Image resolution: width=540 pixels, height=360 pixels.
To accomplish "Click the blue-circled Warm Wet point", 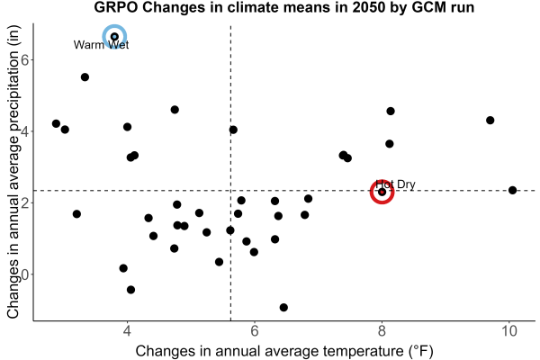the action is point(114,37).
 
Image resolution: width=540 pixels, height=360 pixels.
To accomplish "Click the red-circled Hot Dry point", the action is point(382,192).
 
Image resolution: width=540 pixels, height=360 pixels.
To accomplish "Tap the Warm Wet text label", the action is point(101,45).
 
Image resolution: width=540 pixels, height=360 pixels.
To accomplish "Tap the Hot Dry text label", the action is point(395,184).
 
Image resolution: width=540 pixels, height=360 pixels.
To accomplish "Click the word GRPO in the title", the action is point(116,7).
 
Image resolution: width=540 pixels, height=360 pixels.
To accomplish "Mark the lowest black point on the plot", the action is point(283,307).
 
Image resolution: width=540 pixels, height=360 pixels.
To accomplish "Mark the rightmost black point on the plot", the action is point(512,190).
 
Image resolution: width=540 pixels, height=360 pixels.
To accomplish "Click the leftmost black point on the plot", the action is point(56,123).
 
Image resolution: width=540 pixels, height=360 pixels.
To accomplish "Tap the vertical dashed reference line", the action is point(230,173).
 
